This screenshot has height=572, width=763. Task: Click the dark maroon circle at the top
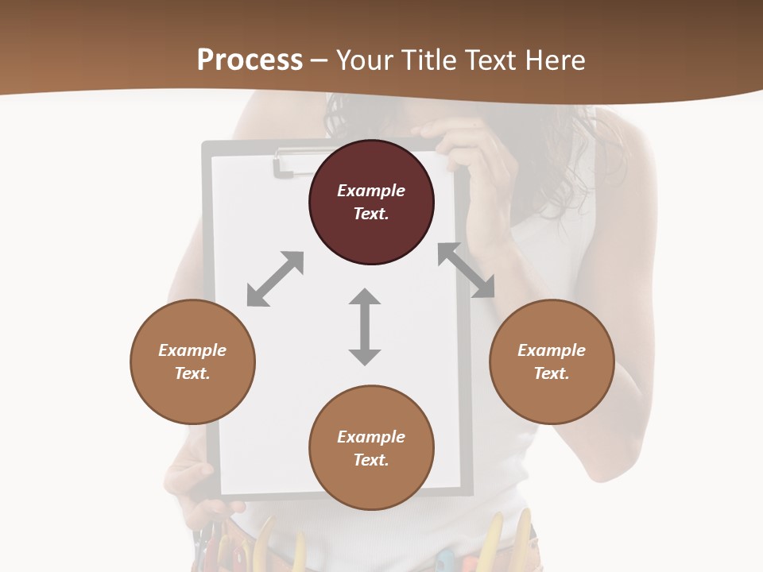[x=371, y=202]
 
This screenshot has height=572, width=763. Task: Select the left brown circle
[x=192, y=361]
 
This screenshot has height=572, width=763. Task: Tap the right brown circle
[x=552, y=361]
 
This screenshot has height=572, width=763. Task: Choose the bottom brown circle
[x=371, y=448]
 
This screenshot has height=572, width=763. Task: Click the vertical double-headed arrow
[x=365, y=327]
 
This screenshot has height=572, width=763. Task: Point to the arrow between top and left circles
[x=275, y=279]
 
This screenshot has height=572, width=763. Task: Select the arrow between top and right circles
[x=466, y=270]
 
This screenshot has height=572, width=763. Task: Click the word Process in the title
[x=250, y=60]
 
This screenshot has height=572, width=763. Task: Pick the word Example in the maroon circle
[x=371, y=191]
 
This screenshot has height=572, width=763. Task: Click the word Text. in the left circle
[x=192, y=373]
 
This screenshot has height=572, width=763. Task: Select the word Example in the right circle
[x=552, y=350]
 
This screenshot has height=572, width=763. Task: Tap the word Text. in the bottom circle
[x=371, y=460]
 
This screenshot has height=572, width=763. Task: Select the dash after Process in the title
[x=319, y=60]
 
